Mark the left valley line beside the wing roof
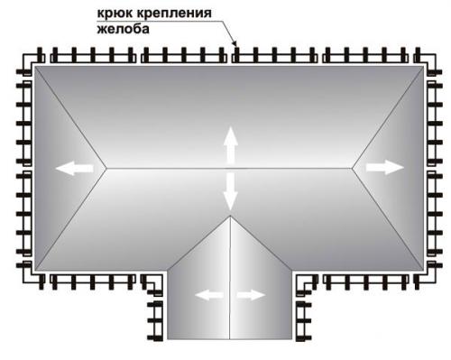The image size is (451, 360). coord(198,245)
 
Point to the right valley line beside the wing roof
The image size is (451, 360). coord(263,245)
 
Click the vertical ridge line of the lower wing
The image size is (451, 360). coord(230,271)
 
